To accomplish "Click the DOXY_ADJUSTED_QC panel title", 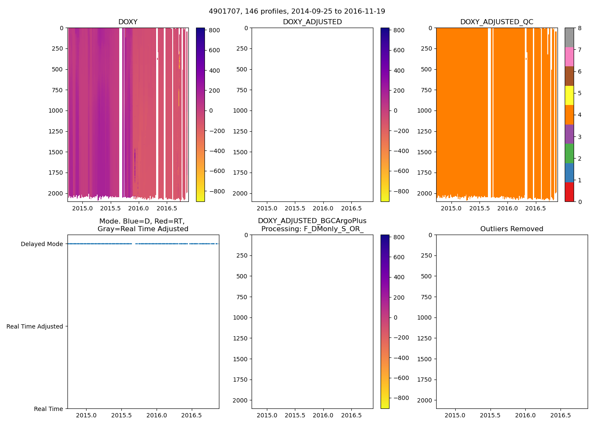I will point(497,22).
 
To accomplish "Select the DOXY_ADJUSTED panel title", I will point(312,22).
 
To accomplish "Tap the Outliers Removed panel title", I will point(512,229).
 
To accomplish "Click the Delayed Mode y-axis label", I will point(42,244).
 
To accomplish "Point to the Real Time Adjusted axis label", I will point(35,326).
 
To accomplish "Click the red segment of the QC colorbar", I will point(569,192).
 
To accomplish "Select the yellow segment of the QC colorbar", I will point(569,95).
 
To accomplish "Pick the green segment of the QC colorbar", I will point(569,153).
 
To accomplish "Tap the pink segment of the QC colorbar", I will point(569,57).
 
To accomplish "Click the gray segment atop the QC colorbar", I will point(569,37).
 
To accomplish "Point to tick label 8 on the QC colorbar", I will point(580,28).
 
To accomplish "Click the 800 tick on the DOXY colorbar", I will point(214,30).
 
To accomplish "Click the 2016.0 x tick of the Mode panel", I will point(157,415).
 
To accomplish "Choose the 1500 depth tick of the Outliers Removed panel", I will point(424,359).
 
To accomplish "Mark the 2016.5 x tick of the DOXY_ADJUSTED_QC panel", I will point(535,208).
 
